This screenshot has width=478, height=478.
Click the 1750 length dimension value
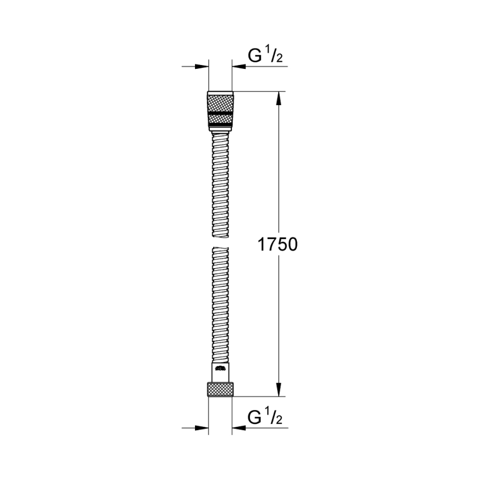[278, 245]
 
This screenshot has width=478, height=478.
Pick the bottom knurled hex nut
[220, 389]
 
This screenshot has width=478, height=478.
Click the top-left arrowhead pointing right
[202, 67]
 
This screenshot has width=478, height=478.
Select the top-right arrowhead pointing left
[239, 67]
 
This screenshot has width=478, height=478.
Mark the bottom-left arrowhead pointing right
[202, 427]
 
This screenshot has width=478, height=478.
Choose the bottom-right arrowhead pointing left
[239, 427]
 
